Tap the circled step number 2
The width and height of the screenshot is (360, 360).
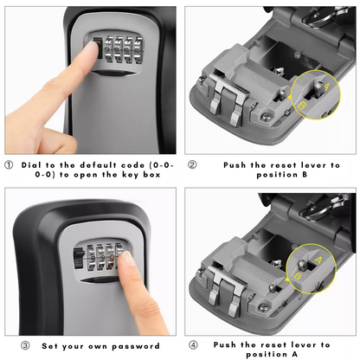pyautogui.click(x=192, y=164)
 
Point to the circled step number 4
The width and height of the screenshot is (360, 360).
pyautogui.click(x=192, y=345)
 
